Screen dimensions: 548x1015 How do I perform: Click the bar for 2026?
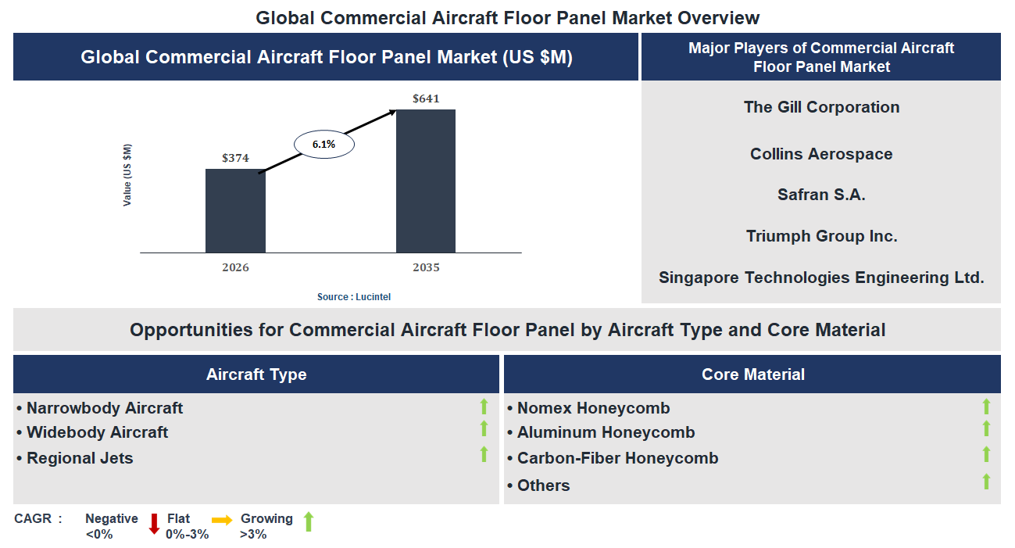235,210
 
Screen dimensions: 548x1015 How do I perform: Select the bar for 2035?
426,181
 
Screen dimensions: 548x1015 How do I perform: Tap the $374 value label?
235,158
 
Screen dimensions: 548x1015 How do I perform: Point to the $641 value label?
426,98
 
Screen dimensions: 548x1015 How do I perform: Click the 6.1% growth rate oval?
323,145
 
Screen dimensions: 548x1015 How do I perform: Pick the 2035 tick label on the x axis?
426,267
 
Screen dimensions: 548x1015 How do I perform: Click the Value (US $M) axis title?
127,175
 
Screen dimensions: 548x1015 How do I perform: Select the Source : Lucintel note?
354,297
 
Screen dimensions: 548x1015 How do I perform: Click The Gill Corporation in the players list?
821,107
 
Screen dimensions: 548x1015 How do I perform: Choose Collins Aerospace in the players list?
821,154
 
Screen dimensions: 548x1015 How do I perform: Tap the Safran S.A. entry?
821,195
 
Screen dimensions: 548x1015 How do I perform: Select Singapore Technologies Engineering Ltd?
821,278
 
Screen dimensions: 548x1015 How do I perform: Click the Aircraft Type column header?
256,374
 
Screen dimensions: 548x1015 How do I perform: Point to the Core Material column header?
752,374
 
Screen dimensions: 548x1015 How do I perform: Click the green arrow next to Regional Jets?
484,454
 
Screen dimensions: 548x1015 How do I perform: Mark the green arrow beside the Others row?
986,482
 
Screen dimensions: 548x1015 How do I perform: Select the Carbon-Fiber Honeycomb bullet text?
617,458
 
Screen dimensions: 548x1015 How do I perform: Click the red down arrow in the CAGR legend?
154,524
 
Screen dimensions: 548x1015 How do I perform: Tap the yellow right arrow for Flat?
222,520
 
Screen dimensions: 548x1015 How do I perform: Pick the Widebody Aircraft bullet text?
97,432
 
